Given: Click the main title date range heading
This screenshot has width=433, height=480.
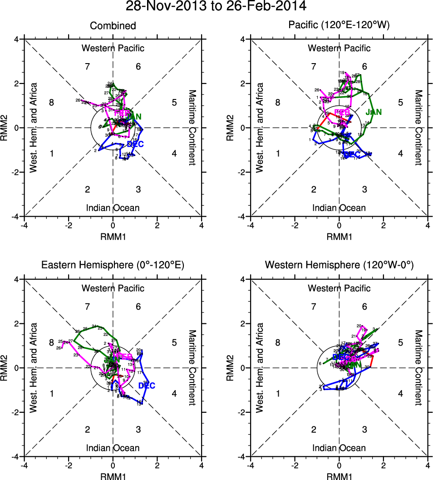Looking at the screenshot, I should click(x=216, y=7).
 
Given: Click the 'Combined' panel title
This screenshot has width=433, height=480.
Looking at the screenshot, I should click(x=113, y=26).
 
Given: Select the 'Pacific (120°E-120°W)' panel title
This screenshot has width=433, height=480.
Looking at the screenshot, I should click(x=339, y=26).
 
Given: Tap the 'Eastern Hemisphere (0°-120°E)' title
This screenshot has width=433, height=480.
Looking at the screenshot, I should click(x=113, y=265).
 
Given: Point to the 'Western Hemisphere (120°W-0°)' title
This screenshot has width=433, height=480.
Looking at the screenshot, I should click(x=339, y=265).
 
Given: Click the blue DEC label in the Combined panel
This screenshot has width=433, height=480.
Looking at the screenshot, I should click(x=136, y=144).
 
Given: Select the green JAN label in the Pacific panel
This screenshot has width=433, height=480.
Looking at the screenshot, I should click(x=374, y=112).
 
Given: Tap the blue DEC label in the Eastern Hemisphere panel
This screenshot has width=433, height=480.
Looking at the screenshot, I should click(x=147, y=386).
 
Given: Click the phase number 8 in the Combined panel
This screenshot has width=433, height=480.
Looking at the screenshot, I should click(x=52, y=103).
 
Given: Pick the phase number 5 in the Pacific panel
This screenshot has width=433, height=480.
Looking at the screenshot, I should click(x=401, y=103).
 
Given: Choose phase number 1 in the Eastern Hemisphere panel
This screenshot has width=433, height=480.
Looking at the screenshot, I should click(x=52, y=393).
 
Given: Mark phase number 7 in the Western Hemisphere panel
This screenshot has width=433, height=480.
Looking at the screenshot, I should click(x=313, y=307).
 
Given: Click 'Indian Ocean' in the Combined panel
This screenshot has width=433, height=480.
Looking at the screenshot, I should click(x=113, y=208).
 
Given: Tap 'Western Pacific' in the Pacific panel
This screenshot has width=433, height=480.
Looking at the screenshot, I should click(x=339, y=48).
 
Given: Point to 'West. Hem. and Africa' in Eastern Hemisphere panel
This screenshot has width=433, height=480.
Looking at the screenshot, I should click(x=33, y=368).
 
